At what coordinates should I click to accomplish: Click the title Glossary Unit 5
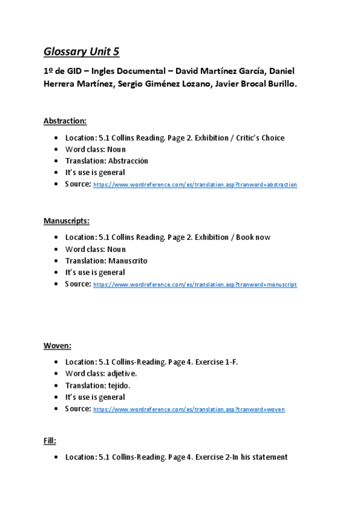point(85,51)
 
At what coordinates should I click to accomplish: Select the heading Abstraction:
point(65,121)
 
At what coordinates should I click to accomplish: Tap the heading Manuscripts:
point(66,221)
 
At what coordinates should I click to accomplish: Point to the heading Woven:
point(57,345)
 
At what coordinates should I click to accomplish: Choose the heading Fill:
point(50,441)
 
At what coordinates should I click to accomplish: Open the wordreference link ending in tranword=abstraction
point(195,185)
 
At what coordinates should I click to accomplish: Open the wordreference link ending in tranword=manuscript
point(195,284)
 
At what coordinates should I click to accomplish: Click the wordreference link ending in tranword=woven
point(189,410)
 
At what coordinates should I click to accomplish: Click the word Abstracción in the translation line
point(128,161)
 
